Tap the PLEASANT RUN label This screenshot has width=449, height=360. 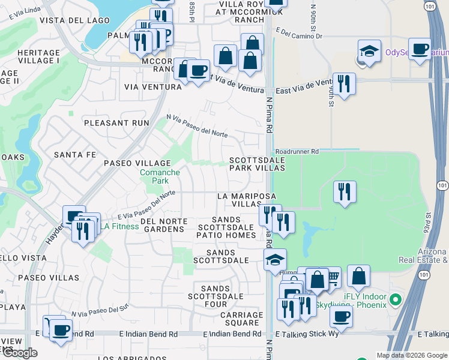click(x=116, y=122)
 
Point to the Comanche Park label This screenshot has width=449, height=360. click(x=160, y=176)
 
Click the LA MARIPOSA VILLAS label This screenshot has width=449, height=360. click(x=246, y=200)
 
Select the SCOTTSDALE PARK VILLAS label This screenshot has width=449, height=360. click(x=257, y=164)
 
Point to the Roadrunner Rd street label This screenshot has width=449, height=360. click(x=297, y=152)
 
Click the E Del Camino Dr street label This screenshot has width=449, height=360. click(x=301, y=37)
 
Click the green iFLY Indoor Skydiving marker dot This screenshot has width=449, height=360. click(x=395, y=299)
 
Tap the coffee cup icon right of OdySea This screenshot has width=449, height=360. click(x=420, y=49)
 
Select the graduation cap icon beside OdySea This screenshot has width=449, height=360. click(x=369, y=51)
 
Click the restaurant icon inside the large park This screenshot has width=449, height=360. click(x=345, y=192)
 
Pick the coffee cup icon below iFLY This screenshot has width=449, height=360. click(x=341, y=316)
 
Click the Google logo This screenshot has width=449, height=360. click(x=19, y=353)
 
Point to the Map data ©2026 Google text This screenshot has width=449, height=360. click(x=411, y=355)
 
